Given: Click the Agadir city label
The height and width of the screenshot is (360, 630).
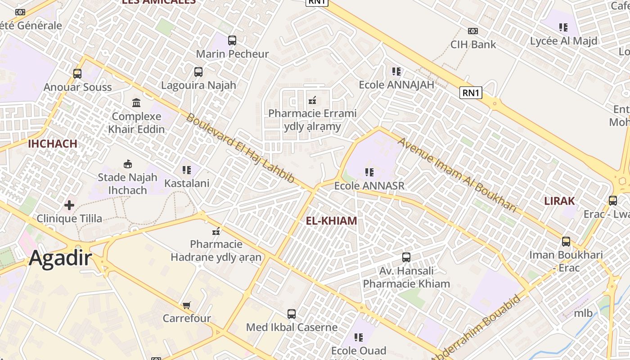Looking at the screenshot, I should click(61, 259).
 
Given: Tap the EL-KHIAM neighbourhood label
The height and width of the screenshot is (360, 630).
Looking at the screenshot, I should click(331, 221).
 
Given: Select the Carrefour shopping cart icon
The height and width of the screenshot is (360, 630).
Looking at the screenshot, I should click(187, 305).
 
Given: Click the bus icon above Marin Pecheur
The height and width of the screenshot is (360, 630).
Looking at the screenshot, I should click(232, 40).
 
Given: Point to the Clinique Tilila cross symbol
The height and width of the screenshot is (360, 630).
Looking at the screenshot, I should click(69, 206).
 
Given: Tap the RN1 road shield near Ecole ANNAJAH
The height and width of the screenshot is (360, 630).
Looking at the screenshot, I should click(471, 93).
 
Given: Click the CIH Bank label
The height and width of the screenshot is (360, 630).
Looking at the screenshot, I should click(473, 45).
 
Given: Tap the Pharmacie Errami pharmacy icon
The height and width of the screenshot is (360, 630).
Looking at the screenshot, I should click(312, 100).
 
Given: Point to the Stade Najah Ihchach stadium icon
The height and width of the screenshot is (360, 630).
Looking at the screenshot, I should click(128, 164).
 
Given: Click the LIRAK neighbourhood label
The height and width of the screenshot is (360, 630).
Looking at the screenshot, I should click(559, 201).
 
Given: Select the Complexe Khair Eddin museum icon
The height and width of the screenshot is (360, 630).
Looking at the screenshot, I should click(136, 103).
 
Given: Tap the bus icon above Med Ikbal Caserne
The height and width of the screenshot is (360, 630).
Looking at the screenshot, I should click(292, 314).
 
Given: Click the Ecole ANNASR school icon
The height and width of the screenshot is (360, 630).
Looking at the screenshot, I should click(369, 172).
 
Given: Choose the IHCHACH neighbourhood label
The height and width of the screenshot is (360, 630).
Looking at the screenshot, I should click(53, 144).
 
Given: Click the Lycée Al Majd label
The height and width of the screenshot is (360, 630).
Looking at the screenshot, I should click(563, 41).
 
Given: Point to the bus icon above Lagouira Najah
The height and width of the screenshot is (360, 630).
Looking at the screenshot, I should click(198, 72).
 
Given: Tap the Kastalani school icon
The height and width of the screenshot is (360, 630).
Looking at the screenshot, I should click(187, 170).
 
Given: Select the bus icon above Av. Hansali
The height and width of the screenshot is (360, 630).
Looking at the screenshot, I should click(406, 257).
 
